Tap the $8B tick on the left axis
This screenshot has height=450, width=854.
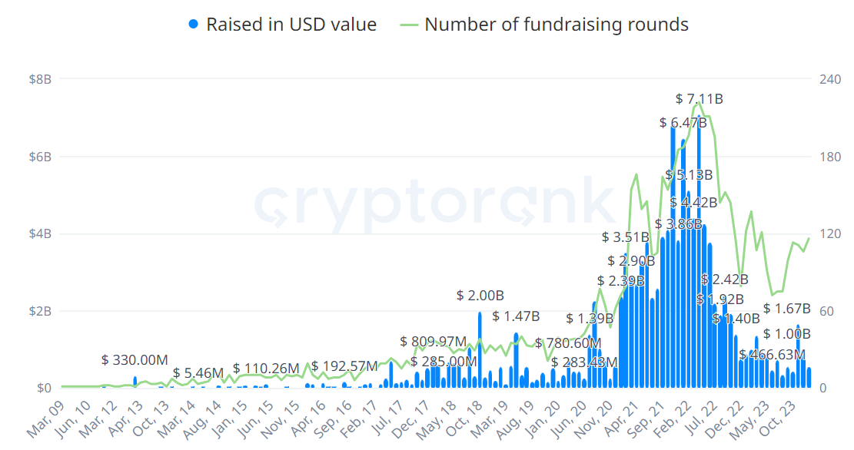[40, 79]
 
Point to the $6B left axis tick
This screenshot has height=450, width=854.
[40, 157]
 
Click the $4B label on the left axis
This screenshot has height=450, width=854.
[40, 234]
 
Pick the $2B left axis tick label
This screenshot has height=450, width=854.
[40, 311]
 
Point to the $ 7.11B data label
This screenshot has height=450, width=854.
[699, 99]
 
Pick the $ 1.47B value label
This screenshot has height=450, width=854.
[516, 316]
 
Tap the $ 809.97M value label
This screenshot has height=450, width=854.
[433, 342]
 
